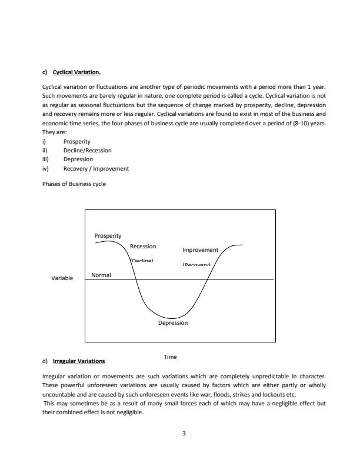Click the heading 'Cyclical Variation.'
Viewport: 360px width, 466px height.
(x=77, y=73)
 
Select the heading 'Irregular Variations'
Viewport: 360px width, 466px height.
(x=79, y=361)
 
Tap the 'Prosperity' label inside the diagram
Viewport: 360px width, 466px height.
(x=108, y=236)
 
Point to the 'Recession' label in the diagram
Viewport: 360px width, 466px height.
(x=142, y=246)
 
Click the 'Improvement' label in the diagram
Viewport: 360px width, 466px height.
(x=200, y=249)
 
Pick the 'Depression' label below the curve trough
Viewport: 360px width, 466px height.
(x=173, y=322)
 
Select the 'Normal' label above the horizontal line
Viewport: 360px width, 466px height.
(x=101, y=275)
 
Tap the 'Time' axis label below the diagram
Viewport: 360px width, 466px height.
(x=170, y=357)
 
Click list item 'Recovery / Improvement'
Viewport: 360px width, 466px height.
(x=96, y=169)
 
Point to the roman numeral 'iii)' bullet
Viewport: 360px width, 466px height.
(x=46, y=159)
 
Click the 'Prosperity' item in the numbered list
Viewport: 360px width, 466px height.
(x=76, y=142)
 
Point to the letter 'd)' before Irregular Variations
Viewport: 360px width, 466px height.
(x=45, y=361)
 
